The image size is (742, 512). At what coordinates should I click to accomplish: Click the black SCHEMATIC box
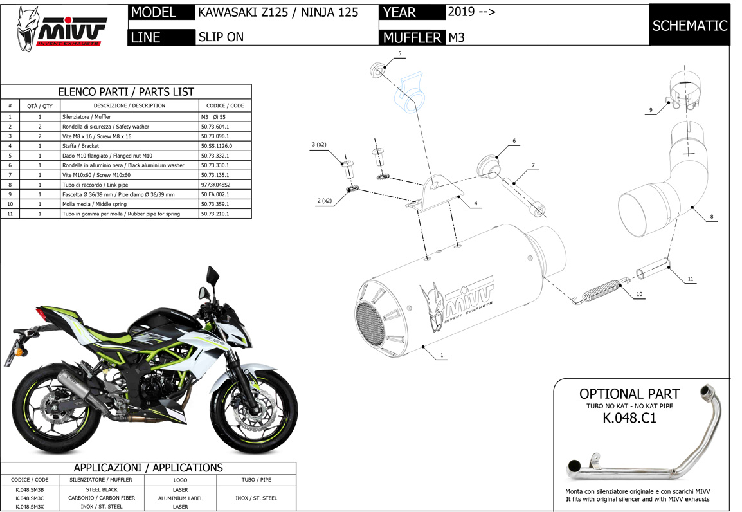coord(689,26)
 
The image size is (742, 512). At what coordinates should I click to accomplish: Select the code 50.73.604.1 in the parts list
coord(215,127)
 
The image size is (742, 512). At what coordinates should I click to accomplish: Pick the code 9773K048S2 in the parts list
coord(215,185)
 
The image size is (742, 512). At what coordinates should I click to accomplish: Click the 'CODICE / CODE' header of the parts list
coord(224,105)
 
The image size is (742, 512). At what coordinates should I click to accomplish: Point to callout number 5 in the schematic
coord(399,53)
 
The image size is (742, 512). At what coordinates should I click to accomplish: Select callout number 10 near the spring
coord(639,294)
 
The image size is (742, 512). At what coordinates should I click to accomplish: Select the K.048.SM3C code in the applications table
coord(30,498)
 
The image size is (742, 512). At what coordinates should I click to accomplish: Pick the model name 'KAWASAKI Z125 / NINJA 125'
coord(278,12)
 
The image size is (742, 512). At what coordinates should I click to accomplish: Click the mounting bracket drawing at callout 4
coord(433,193)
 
